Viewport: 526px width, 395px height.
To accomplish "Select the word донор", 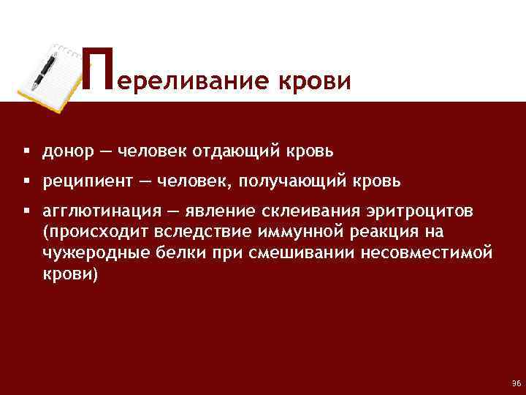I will coord(67,151).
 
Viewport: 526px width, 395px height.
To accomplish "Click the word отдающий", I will coord(236,151).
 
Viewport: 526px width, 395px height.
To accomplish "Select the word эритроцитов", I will coord(420,211).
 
